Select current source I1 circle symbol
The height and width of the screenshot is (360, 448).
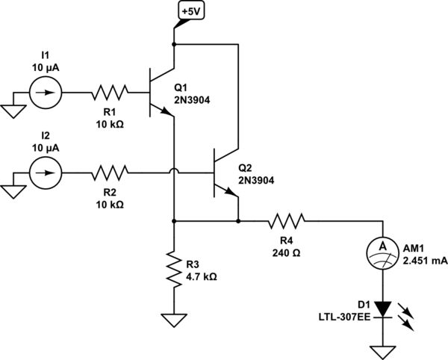point(45,94)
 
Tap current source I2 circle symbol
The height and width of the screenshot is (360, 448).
point(45,174)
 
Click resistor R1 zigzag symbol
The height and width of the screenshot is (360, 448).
point(111,94)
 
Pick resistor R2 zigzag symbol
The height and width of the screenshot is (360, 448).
point(111,174)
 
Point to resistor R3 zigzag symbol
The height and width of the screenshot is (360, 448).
point(173,271)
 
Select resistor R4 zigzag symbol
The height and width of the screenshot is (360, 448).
point(287,221)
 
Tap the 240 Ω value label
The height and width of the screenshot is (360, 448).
point(287,252)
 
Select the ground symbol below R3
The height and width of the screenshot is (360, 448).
point(173,320)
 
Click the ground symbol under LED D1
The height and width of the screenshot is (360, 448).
point(382,351)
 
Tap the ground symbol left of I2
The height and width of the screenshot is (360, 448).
point(13,190)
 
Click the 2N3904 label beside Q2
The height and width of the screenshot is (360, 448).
point(257,180)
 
